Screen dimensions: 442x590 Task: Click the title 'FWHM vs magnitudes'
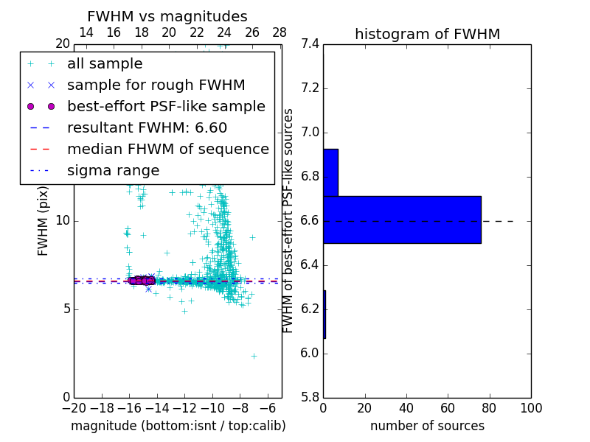(167, 16)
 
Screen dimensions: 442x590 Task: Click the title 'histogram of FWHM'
(427, 34)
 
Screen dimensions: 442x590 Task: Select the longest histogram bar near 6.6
(402, 220)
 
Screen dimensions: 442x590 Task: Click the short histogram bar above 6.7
(330, 172)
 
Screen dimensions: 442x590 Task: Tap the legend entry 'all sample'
(105, 64)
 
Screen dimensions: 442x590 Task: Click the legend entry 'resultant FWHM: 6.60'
(147, 127)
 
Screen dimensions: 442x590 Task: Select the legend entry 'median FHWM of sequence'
(167, 149)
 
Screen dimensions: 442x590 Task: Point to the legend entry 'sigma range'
(113, 170)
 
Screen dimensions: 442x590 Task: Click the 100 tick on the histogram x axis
(531, 408)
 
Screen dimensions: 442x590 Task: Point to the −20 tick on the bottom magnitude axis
(74, 408)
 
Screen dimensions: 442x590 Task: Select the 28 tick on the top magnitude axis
(280, 32)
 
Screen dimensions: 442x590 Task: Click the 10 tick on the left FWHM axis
(63, 220)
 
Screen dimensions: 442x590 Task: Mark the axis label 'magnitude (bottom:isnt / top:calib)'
(178, 426)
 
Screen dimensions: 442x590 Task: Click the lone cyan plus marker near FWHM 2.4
(254, 356)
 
